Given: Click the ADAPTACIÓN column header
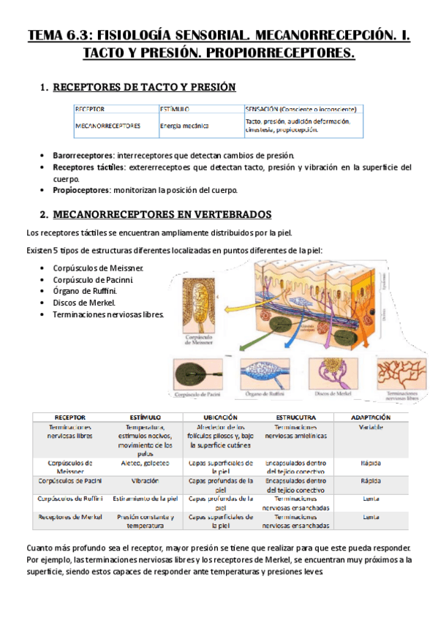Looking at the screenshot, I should click(371, 417).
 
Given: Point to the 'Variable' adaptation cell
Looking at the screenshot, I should click(371, 428).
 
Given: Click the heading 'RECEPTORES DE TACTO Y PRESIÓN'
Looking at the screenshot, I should click(145, 88).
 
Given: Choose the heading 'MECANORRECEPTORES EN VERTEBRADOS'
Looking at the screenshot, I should click(163, 215).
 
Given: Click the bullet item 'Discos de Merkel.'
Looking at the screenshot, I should click(84, 303).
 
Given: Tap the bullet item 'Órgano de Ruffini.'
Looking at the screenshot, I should click(87, 290).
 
